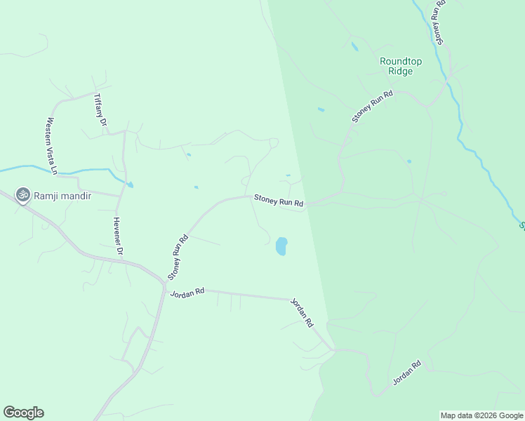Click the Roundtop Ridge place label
click(401, 66)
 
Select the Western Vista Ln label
click(51, 145)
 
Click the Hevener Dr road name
click(118, 236)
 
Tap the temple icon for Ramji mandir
click(22, 194)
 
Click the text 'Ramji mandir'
click(62, 196)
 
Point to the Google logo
click(23, 413)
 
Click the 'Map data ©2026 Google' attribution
click(481, 415)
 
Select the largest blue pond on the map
click(281, 246)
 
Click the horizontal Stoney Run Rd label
click(279, 202)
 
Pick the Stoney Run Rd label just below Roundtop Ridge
click(373, 107)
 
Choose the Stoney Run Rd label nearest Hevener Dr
click(178, 255)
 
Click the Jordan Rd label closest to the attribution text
click(407, 373)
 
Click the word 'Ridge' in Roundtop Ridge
click(401, 72)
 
